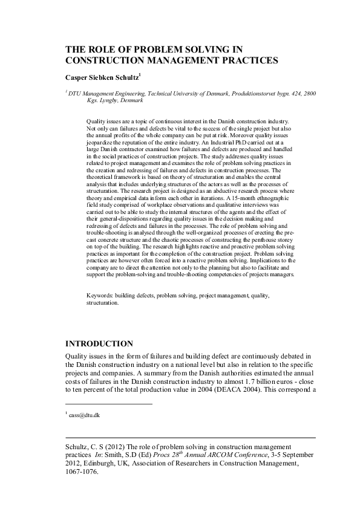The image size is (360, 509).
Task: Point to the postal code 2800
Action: (308, 94)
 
